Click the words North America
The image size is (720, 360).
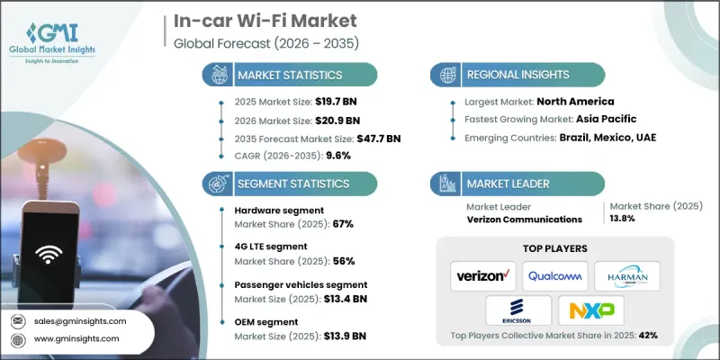(x=589, y=103)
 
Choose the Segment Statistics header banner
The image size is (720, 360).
(x=288, y=183)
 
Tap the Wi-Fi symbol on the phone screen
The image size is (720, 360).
(x=47, y=254)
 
